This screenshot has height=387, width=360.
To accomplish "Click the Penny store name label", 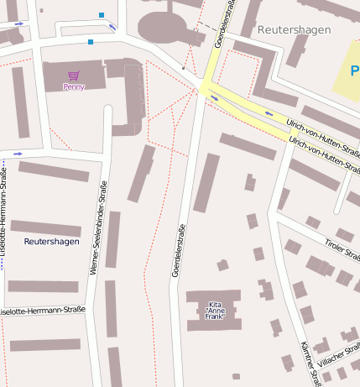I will [74, 86].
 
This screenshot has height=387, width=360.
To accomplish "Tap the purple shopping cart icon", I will [74, 76].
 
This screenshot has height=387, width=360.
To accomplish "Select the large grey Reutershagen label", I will [294, 29].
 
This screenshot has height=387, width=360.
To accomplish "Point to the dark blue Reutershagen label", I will [52, 242].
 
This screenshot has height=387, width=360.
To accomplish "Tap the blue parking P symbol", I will [355, 72].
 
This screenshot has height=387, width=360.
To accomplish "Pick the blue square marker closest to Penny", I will [91, 41].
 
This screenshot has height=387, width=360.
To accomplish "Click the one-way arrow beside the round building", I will [112, 27].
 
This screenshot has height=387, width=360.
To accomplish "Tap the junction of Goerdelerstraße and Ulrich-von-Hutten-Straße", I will [204, 87].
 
